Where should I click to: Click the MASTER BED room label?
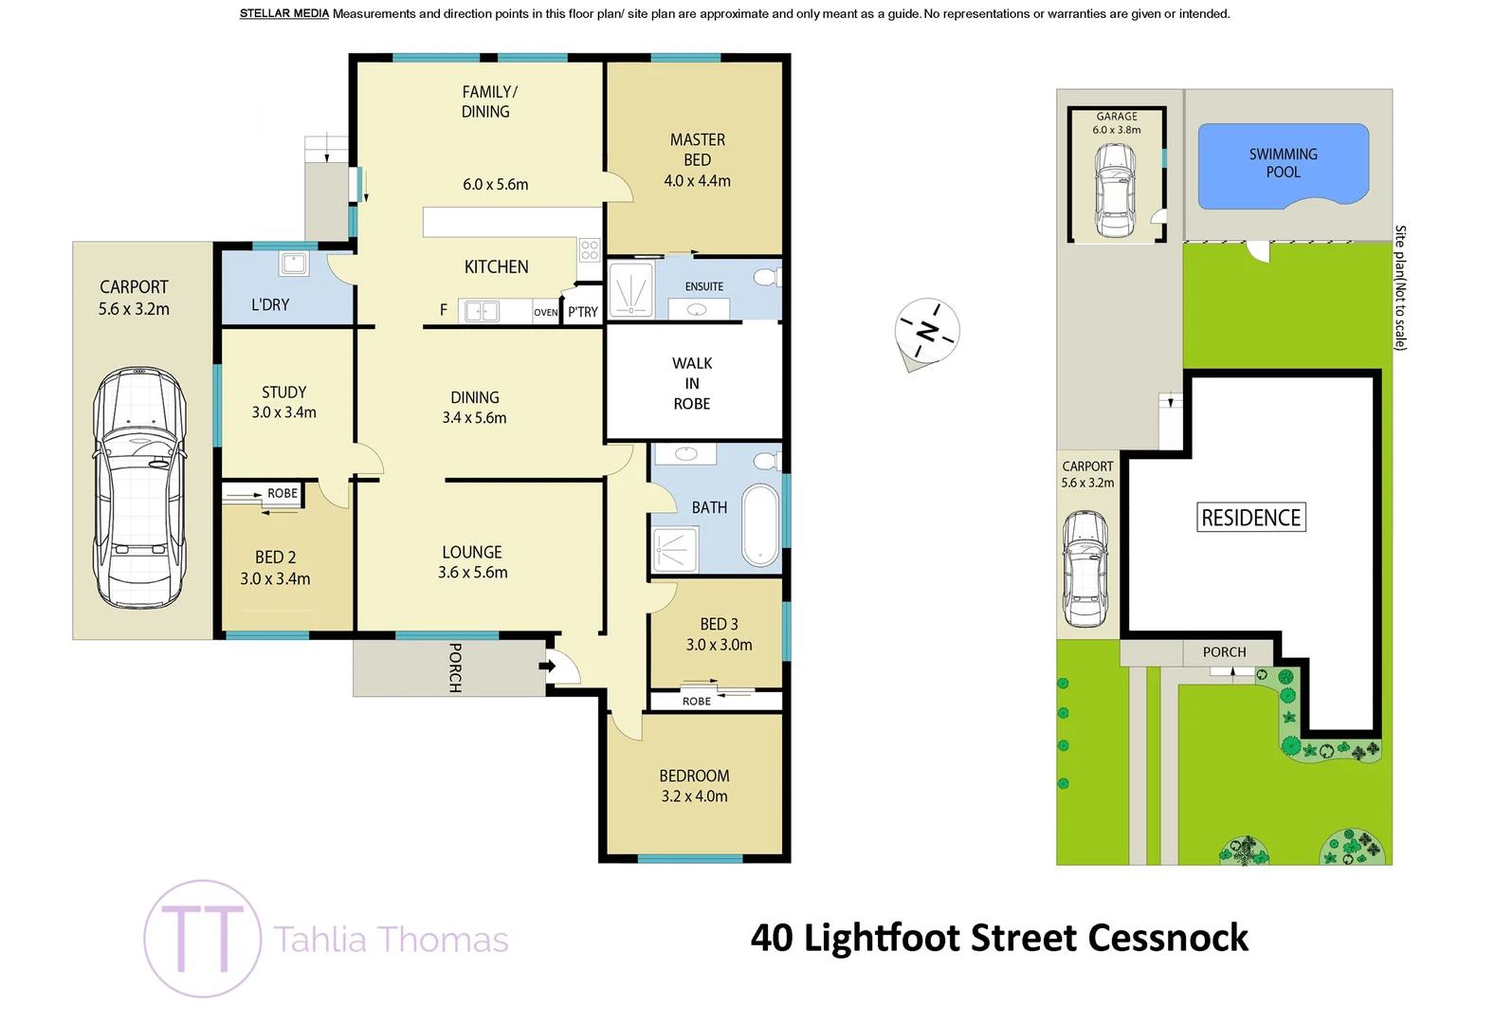(697, 159)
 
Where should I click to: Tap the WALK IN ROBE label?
(692, 383)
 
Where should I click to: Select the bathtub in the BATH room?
(760, 525)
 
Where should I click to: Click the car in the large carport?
(138, 487)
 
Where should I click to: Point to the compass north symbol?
(927, 332)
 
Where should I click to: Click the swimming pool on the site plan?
(1283, 165)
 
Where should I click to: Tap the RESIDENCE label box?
(1250, 518)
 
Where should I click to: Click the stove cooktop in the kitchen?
(589, 250)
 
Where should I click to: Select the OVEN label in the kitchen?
(545, 313)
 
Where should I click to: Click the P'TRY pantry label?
(583, 312)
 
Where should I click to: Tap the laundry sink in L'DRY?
(294, 264)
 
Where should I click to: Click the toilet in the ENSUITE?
(766, 278)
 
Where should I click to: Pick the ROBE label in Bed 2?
(283, 494)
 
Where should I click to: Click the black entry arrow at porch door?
(547, 666)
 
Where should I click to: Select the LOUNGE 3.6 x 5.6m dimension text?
(472, 573)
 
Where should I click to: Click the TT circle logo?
(203, 938)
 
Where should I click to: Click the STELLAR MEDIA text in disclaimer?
(283, 13)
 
